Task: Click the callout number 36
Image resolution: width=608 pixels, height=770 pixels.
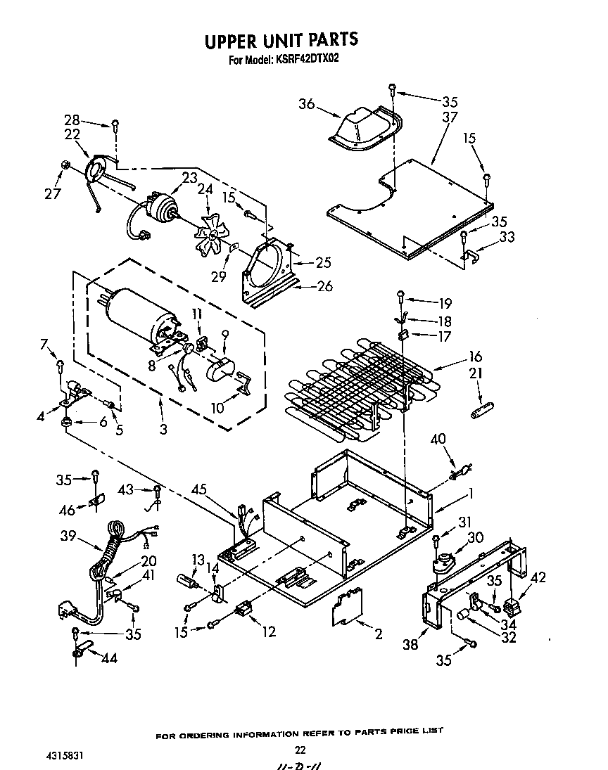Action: click(x=306, y=104)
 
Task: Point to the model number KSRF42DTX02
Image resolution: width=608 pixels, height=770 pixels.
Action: click(x=304, y=60)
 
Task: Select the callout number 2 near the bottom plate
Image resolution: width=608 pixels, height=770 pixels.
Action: click(x=379, y=634)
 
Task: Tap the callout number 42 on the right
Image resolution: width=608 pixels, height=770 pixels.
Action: click(x=538, y=578)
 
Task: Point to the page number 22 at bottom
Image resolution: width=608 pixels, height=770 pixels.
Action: click(x=300, y=750)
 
